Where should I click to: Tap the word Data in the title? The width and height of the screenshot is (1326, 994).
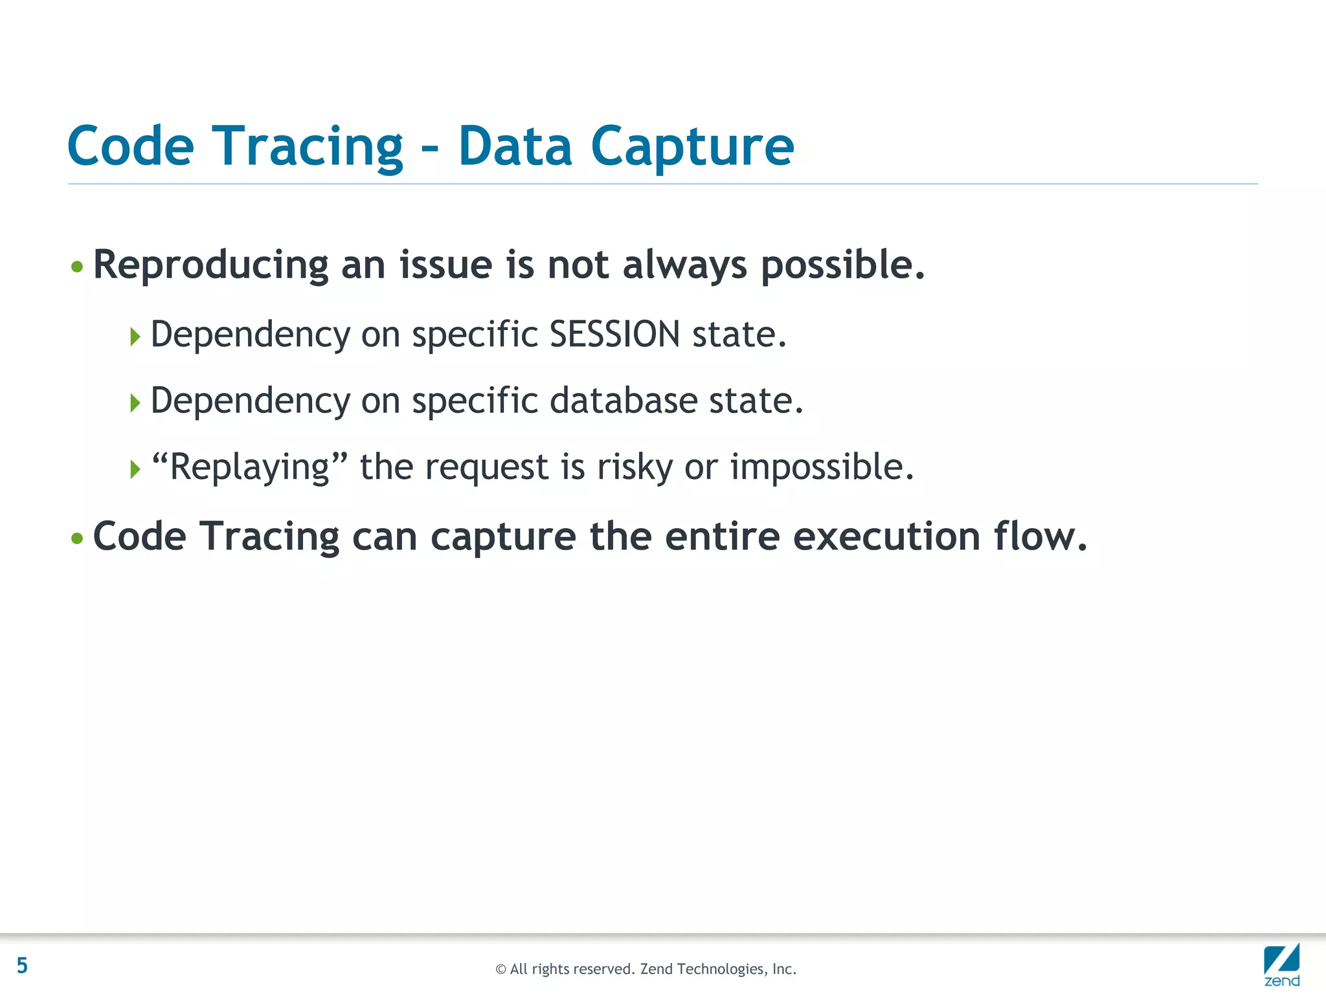tap(515, 146)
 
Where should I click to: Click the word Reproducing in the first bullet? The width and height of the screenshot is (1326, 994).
tap(210, 266)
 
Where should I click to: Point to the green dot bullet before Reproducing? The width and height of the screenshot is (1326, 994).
tap(77, 267)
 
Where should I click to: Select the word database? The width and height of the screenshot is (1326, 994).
tap(623, 401)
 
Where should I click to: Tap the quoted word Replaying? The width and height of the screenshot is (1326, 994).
tap(249, 467)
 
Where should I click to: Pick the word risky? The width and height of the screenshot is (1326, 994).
tap(634, 467)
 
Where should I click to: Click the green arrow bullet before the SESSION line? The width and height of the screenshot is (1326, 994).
tap(135, 337)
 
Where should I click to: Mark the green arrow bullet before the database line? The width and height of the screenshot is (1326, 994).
tap(135, 403)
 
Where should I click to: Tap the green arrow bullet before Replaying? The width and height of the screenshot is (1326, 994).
tap(135, 469)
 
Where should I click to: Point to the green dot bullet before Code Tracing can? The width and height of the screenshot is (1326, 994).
tap(77, 538)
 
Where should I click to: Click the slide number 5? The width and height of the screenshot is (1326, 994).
tap(22, 966)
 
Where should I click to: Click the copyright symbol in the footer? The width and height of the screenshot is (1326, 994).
tap(500, 969)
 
